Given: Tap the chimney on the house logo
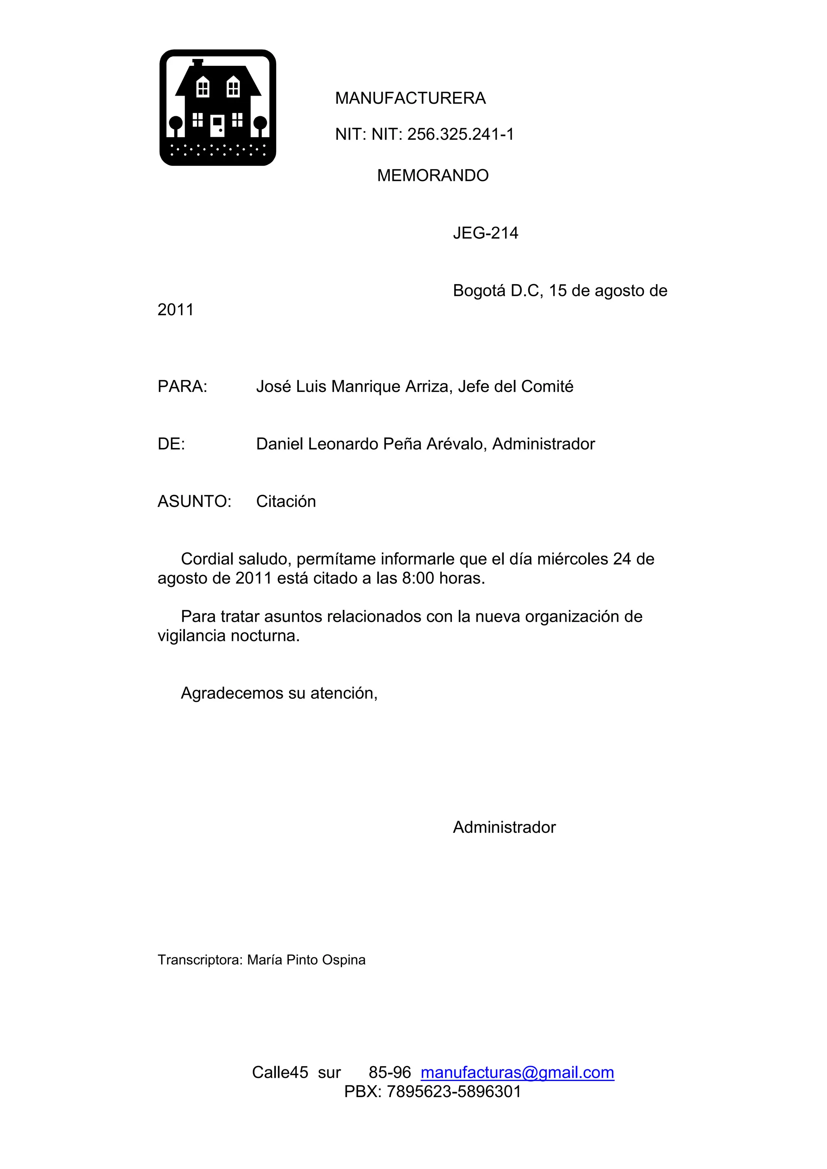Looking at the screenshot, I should click(x=197, y=63).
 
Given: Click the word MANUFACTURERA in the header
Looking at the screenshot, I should click(x=410, y=98).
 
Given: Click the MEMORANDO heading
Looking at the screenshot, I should click(x=432, y=176).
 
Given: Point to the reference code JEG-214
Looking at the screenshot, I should click(x=485, y=233).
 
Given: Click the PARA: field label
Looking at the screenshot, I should click(x=182, y=387).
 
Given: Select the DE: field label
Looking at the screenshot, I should click(x=171, y=444).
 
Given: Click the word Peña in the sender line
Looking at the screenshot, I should click(x=402, y=444).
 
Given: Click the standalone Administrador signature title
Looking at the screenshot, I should click(x=504, y=828).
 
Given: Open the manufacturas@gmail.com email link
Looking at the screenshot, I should click(x=517, y=1073).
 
